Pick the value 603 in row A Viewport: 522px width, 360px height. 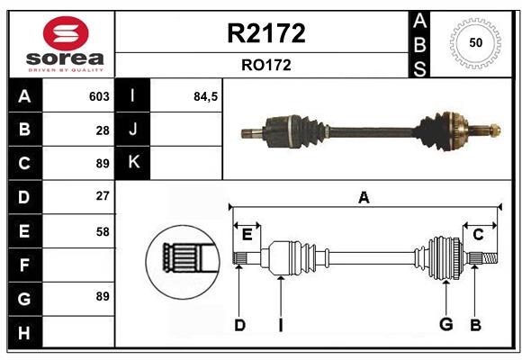[x=99, y=96]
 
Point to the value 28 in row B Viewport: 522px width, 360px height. [x=103, y=130]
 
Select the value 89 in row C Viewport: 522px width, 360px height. [x=103, y=164]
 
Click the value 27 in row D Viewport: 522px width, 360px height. [x=103, y=196]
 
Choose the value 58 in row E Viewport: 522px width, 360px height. [x=103, y=231]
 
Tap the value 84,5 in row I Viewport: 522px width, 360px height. [x=206, y=96]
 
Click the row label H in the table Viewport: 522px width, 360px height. [x=23, y=333]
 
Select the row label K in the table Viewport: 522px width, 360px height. [x=134, y=163]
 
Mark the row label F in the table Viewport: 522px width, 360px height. [x=23, y=265]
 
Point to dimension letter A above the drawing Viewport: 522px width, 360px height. [x=364, y=197]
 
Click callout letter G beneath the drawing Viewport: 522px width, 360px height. [x=445, y=325]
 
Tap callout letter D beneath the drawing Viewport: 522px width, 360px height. [x=239, y=325]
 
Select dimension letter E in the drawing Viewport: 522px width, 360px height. [x=247, y=235]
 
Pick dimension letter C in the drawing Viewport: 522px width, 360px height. [x=478, y=235]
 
